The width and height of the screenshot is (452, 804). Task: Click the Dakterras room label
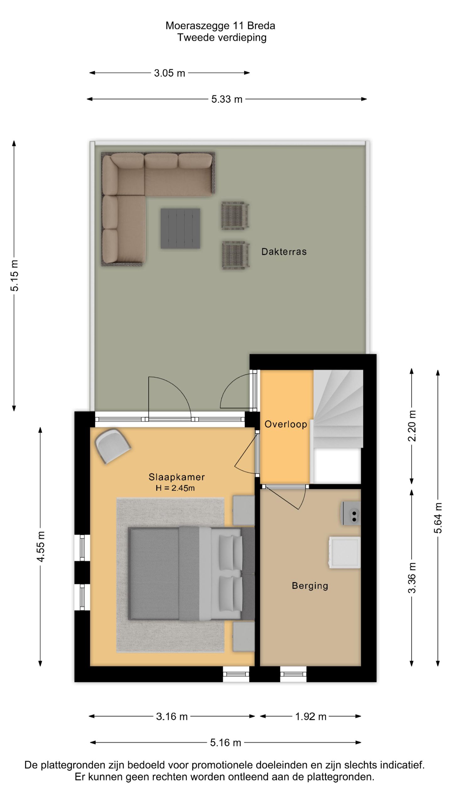[284, 252]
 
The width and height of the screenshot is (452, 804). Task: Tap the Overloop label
[286, 424]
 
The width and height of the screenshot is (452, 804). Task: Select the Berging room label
[310, 586]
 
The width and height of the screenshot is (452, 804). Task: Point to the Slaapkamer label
[177, 477]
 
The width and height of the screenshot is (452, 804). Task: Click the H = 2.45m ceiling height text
[175, 488]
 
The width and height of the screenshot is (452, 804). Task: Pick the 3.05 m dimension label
[169, 73]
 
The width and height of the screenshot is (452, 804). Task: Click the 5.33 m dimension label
[227, 99]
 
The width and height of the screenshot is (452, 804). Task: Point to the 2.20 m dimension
[412, 426]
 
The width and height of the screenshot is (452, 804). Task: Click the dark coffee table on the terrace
[180, 228]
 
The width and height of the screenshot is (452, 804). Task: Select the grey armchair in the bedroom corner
[113, 446]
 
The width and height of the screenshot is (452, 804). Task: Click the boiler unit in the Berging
[350, 513]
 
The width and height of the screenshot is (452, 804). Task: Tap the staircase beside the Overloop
[338, 409]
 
